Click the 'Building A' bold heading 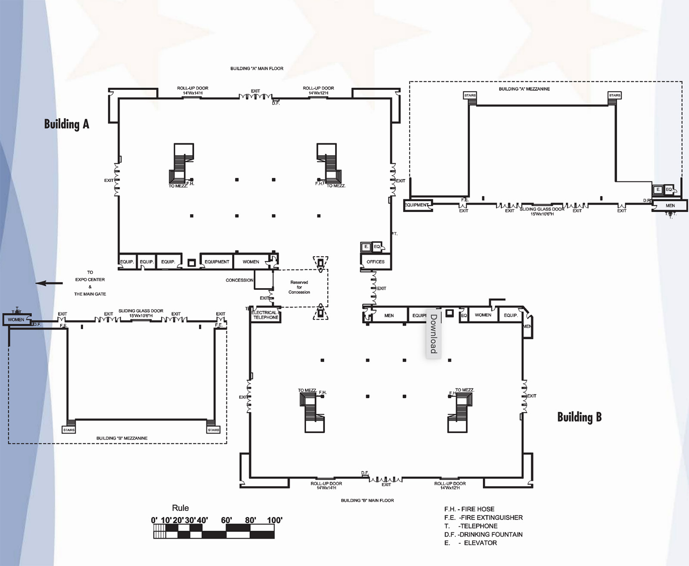point(66,124)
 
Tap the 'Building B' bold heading point(579,417)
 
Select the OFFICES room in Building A point(376,261)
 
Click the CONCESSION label point(239,280)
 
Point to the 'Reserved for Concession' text point(299,287)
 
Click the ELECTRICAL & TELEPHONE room point(266,315)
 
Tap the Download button point(434,334)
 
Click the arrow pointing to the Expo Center point(49,283)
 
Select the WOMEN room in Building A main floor point(251,261)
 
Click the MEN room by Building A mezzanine point(670,206)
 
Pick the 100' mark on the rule point(274,520)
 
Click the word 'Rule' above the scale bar point(180,508)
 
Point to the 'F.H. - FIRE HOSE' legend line point(469,509)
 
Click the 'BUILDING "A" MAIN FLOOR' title point(257,68)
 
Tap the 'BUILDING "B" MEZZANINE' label point(122,438)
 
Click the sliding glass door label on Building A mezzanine point(542,211)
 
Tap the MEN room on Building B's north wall point(389,315)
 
